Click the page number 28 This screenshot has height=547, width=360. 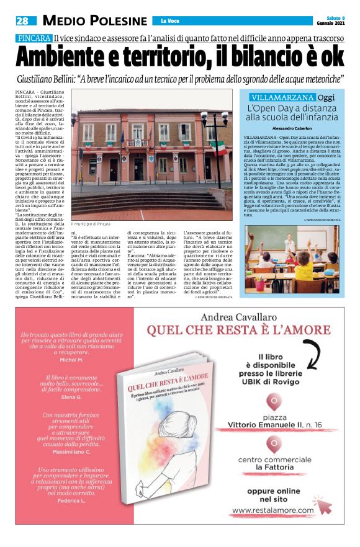click(22, 20)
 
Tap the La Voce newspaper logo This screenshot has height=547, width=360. click(170, 21)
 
